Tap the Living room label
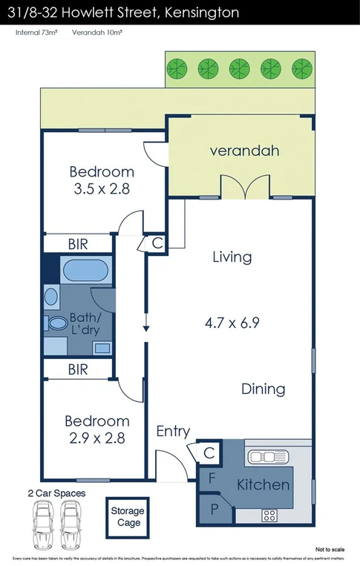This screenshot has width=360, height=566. tap(232, 257)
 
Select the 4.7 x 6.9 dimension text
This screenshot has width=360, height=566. tap(232, 323)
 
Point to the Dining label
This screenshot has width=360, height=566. tap(263, 389)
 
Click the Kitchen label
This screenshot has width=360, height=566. tap(263, 484)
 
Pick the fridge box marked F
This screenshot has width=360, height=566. tap(212, 478)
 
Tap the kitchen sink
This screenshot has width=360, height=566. tap(269, 457)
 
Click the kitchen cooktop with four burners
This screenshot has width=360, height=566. tap(269, 514)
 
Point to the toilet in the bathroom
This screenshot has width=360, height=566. tap(56, 325)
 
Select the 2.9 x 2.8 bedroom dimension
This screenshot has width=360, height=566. tap(101, 438)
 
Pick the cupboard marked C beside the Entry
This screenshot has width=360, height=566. tap(209, 451)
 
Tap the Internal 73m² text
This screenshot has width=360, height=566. tap(38, 33)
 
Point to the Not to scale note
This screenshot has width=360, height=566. tap(330, 550)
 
